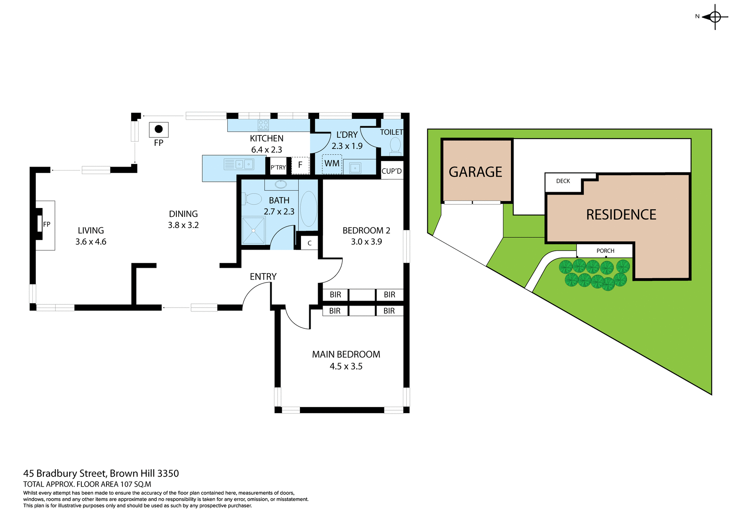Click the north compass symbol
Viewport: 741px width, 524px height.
pos(715,17)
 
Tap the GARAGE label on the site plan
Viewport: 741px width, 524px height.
pos(475,172)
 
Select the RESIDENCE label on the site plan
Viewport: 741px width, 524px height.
pos(621,215)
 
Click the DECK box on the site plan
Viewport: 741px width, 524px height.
pos(563,181)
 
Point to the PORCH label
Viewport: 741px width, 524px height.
pos(605,251)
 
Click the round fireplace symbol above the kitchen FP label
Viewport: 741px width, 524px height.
pos(159,129)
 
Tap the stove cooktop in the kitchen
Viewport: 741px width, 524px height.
pos(263,125)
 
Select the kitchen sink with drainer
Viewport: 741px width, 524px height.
pos(239,164)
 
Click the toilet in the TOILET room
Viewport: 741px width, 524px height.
pos(395,146)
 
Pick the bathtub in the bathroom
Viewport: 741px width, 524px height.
pos(308,208)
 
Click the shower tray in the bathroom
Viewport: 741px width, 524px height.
pos(254,230)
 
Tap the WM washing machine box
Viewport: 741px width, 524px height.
pos(332,164)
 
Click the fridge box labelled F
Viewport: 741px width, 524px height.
pos(300,165)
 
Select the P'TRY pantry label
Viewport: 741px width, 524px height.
pos(278,167)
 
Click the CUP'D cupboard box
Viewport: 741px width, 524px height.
pos(392,171)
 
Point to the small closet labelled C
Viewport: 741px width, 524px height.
pos(310,243)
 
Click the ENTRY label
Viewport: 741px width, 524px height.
pos(263,277)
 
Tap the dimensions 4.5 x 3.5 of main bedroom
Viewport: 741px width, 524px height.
pos(346,366)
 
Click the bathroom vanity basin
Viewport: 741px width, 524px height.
pos(281,184)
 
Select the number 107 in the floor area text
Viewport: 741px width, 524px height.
pos(126,484)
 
